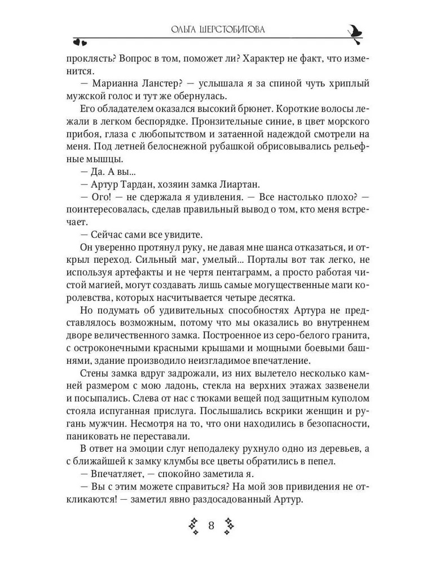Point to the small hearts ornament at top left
[80, 41]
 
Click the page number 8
[211, 526]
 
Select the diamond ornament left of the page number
[193, 526]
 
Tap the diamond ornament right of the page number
[229, 526]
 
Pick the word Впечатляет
[119, 474]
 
